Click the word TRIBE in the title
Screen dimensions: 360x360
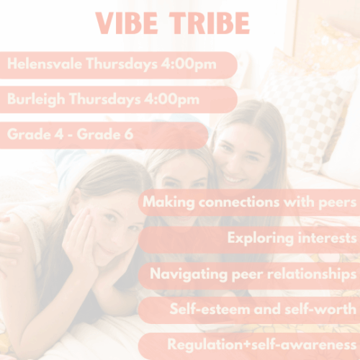(210, 23)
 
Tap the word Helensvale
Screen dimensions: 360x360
(44, 64)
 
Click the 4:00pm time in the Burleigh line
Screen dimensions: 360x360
(172, 99)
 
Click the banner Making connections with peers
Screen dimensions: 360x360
(249, 202)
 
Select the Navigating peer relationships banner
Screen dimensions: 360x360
(252, 274)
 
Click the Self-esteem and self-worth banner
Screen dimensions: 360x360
(262, 310)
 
